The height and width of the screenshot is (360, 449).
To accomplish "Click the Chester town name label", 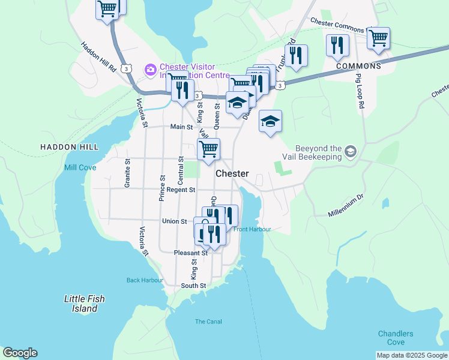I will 232,173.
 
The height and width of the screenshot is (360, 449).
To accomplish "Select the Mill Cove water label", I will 80,168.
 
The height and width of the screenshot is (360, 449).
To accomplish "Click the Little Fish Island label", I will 80,304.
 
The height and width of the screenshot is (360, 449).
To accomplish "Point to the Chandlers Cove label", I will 395,338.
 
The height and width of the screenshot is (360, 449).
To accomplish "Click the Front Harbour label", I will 252,229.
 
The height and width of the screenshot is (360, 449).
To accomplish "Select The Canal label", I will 208,322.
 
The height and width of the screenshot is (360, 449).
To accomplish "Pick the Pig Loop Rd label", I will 360,90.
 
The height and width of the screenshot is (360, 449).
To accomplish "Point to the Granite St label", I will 127,173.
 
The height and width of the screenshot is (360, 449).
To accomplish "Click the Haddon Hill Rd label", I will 98,58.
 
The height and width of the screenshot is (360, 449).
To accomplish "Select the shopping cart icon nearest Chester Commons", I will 378,38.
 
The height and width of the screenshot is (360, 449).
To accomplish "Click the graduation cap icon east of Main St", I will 270,121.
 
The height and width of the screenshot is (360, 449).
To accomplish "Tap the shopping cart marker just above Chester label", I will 208,148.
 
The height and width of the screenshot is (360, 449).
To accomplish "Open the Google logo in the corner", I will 20,353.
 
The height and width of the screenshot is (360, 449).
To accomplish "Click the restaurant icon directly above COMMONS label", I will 337,45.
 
